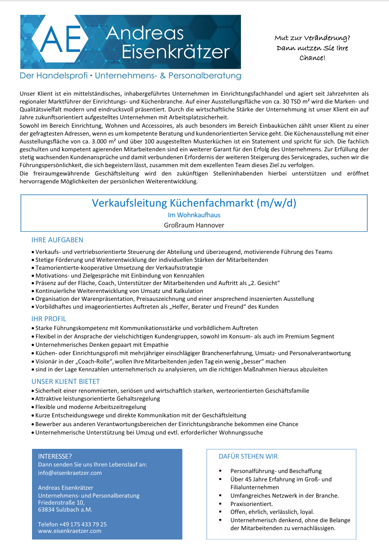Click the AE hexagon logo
tap(61, 42)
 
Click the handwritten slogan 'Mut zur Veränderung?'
tap(312, 38)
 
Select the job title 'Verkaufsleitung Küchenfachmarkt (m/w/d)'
tap(194, 203)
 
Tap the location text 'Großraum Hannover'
tap(194, 225)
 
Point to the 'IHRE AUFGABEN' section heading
tap(57, 240)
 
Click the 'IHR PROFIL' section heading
tap(49, 319)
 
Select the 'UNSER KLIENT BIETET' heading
tap(65, 382)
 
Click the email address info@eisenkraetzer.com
tap(70, 473)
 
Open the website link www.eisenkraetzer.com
tap(70, 531)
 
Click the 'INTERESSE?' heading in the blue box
tap(55, 456)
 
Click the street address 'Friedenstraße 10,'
tap(61, 502)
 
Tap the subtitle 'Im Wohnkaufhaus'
tap(194, 215)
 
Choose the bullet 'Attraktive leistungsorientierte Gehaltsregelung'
tap(98, 399)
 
